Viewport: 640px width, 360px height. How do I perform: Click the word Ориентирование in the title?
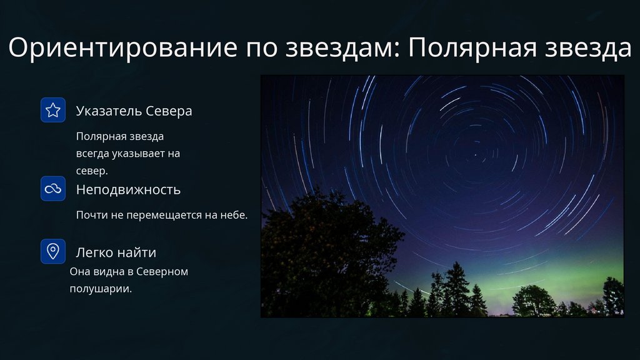click(x=123, y=47)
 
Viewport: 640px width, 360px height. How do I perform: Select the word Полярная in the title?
click(x=472, y=48)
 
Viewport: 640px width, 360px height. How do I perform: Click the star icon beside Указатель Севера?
click(x=53, y=110)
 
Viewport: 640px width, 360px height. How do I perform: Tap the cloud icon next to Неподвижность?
click(x=53, y=189)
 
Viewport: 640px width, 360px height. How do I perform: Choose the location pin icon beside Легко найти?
click(x=53, y=251)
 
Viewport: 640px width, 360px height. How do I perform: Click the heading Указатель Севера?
click(x=134, y=111)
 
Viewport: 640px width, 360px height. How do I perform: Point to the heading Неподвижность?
click(x=128, y=190)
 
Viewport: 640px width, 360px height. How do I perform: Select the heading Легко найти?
click(x=116, y=252)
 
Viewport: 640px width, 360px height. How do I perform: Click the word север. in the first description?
click(x=92, y=171)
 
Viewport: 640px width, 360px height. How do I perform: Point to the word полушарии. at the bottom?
click(x=101, y=289)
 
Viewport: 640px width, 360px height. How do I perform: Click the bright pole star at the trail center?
click(x=475, y=155)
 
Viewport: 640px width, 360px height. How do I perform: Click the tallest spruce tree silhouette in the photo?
click(x=456, y=290)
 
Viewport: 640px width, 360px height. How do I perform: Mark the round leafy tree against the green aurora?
click(x=534, y=301)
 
